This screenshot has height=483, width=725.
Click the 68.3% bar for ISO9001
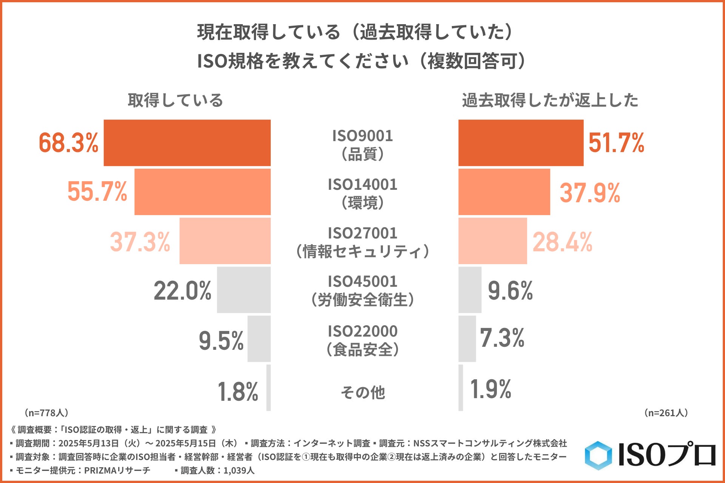point(187,143)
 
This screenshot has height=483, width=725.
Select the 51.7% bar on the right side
point(521,143)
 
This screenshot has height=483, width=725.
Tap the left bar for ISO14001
point(202,192)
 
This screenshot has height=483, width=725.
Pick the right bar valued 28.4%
point(492,241)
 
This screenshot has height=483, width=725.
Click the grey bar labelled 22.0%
point(244,290)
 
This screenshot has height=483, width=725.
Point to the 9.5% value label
point(221,340)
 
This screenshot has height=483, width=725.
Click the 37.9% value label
point(589,192)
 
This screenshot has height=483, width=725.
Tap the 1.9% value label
point(491,389)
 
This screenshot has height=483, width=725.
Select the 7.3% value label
point(502,337)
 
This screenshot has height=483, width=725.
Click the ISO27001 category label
point(362,242)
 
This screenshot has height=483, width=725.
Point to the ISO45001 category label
point(362,291)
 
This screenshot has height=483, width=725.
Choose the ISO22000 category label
point(362,340)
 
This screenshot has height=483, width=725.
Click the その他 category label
point(362,392)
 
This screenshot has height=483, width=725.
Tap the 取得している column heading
point(175,100)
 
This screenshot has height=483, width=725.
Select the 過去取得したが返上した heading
point(550,100)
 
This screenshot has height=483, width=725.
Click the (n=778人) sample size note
point(46,413)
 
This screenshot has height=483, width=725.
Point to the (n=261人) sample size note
point(666,413)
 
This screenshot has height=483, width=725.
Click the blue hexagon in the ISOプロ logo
point(598,455)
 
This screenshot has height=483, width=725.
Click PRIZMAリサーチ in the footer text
point(117,471)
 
